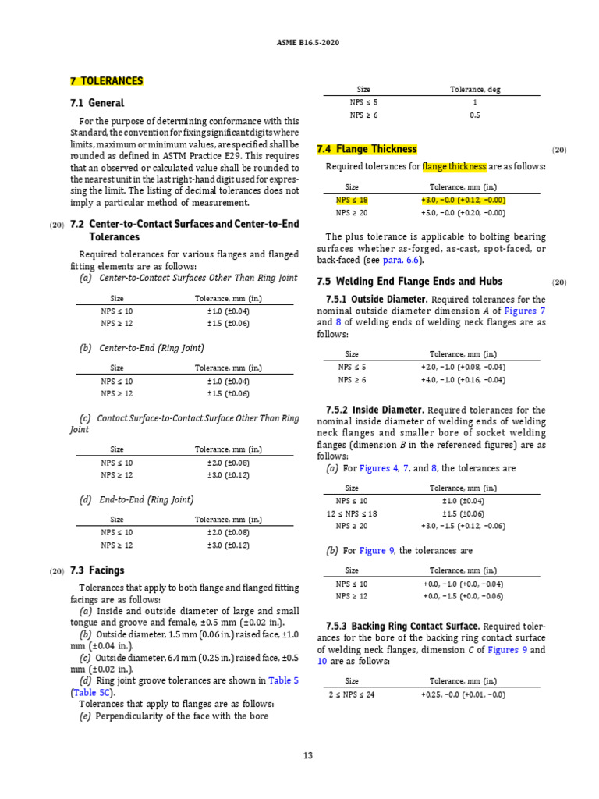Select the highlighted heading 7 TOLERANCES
[x=107, y=81]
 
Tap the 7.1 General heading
[x=97, y=103]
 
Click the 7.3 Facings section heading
[x=97, y=570]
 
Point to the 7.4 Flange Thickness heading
[x=367, y=149]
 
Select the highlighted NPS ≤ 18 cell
[x=352, y=201]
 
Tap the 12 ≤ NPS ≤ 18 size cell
[x=352, y=513]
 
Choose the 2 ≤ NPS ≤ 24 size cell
[x=352, y=694]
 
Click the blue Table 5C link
[x=93, y=692]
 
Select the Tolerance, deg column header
[x=475, y=90]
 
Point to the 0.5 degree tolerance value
[x=475, y=115]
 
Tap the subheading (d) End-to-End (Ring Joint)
[x=136, y=499]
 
